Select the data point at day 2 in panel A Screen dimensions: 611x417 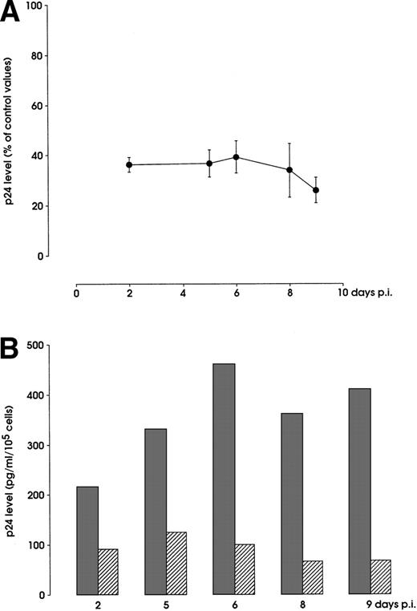point(129,164)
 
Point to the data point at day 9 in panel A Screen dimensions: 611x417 point(316,190)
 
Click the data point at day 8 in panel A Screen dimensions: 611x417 point(289,170)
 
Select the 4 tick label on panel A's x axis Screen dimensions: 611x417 point(183,293)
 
